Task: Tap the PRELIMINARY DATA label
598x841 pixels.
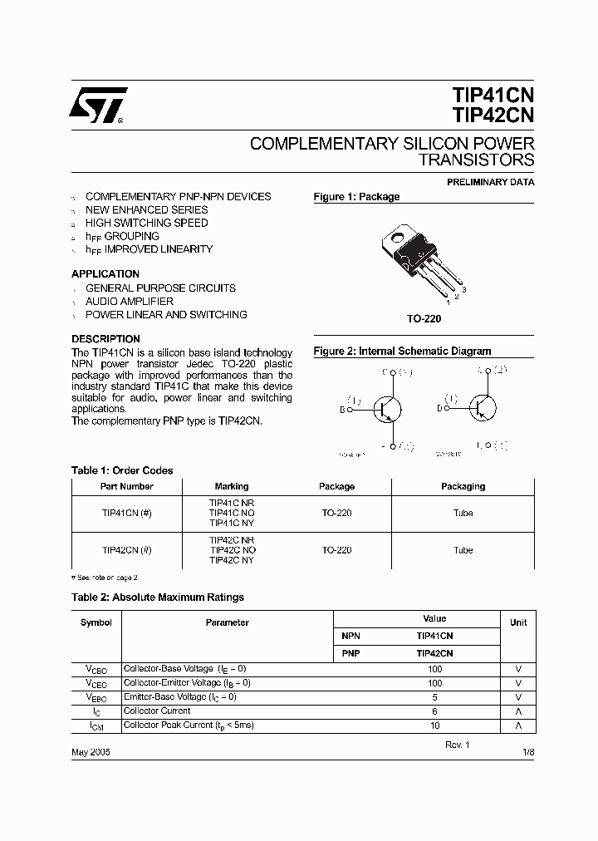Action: pos(491,182)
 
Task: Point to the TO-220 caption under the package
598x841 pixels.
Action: pos(424,319)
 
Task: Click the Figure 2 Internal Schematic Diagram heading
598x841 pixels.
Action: pos(402,352)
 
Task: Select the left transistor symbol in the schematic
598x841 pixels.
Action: pos(385,408)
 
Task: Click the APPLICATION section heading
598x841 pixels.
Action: pos(105,274)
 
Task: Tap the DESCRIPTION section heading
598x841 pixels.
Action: pos(105,339)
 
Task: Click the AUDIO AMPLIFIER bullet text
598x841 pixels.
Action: pos(130,302)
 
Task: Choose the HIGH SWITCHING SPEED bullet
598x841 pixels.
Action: pos(147,223)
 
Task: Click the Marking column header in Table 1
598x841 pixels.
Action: pos(232,486)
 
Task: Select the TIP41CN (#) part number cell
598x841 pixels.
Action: pos(126,513)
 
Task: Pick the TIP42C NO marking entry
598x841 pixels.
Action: pos(232,550)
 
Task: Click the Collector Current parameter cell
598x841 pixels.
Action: pos(157,711)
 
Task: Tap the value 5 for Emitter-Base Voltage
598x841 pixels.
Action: pos(434,697)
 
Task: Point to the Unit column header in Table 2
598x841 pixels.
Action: pos(518,622)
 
